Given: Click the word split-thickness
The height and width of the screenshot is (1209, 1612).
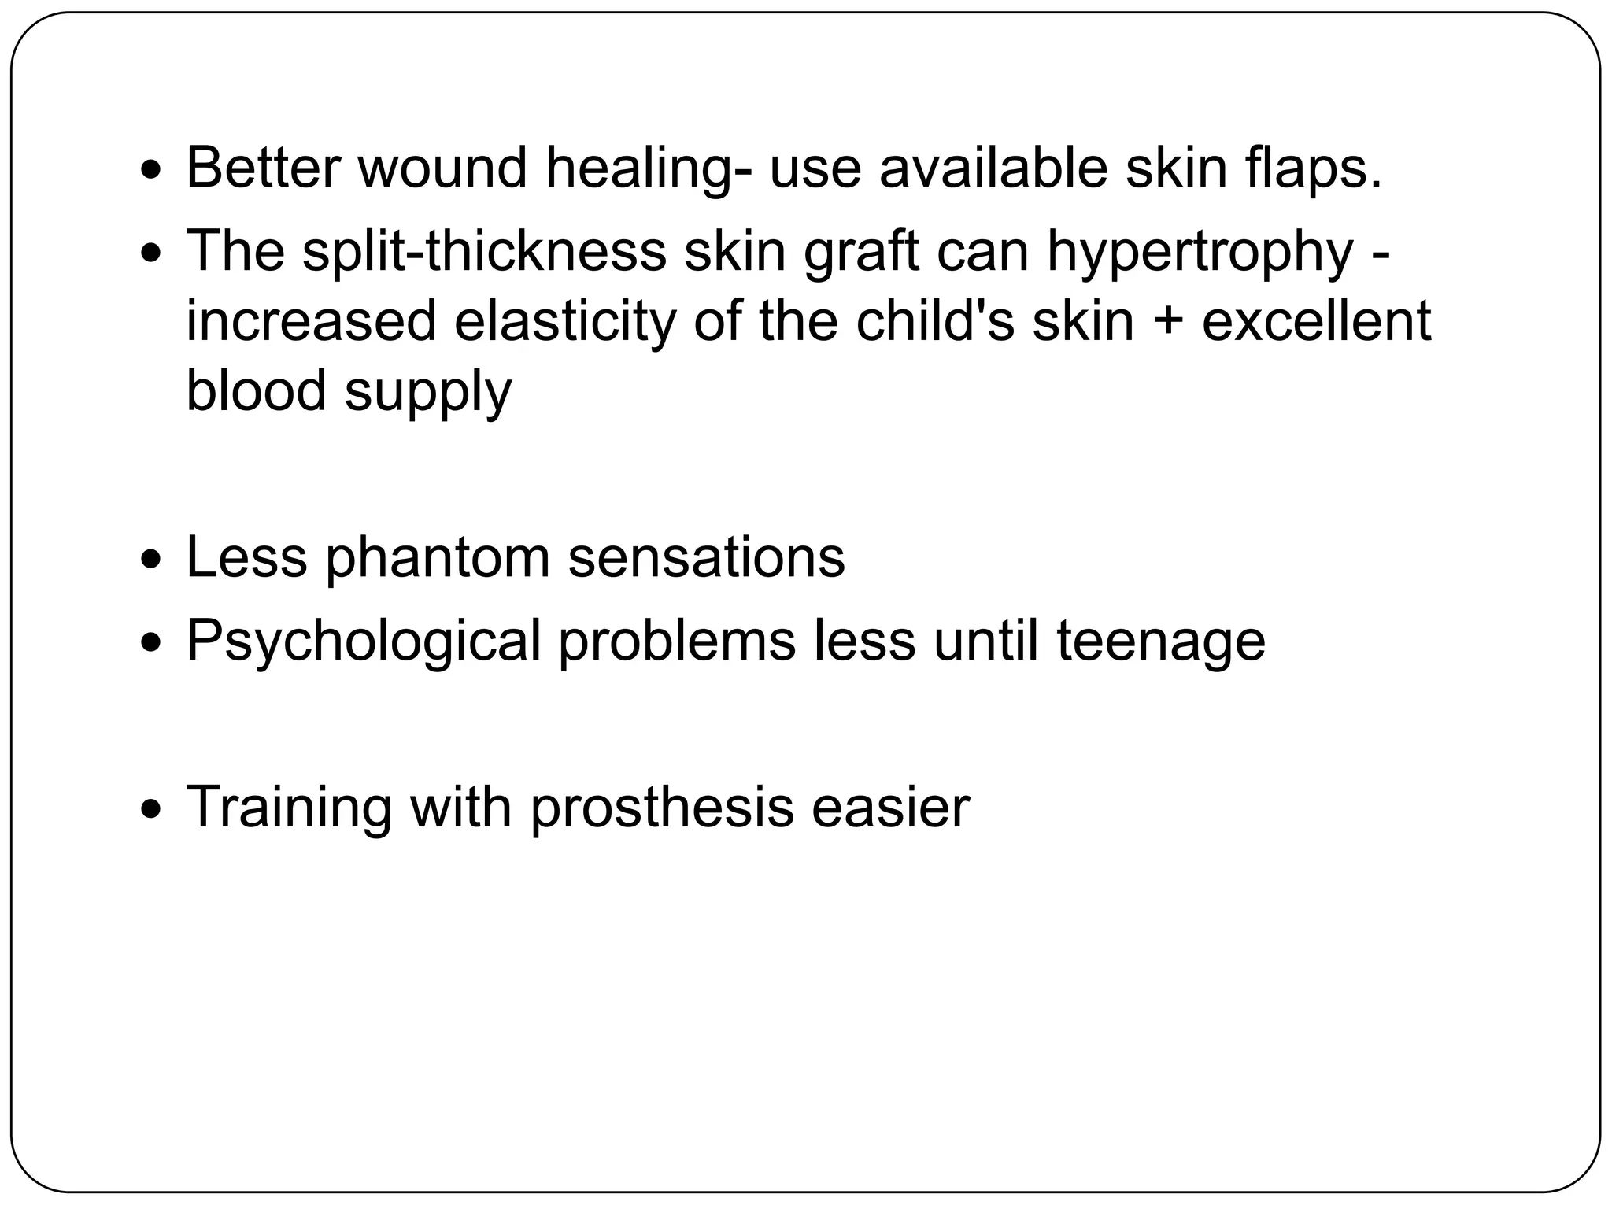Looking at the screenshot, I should (483, 251).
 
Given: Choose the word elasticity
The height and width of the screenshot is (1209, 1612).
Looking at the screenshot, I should (564, 323).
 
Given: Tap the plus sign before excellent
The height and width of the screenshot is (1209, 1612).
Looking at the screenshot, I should (1168, 323).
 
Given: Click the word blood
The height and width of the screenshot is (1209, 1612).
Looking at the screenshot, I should (256, 390).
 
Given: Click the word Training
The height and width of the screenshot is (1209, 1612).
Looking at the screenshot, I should (288, 808).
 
